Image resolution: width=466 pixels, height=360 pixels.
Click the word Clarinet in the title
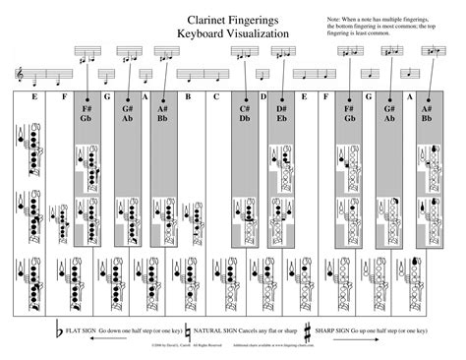[x=204, y=18]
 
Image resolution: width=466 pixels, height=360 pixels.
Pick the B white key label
[x=187, y=97]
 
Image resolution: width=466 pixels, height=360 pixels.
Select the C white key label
[x=216, y=97]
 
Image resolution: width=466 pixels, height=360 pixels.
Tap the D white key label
[x=262, y=97]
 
